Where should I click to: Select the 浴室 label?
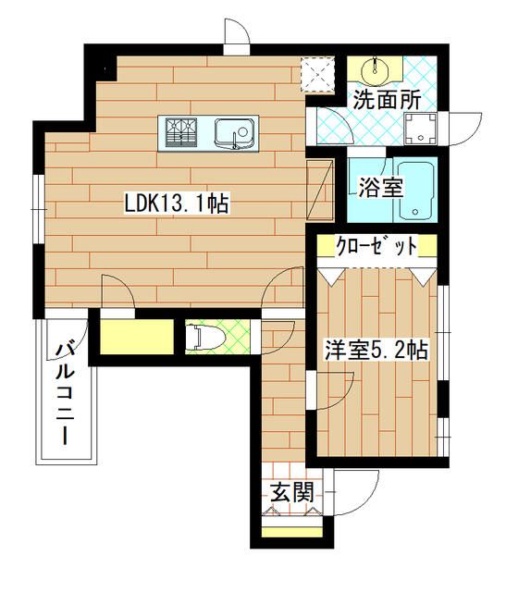tap(379, 187)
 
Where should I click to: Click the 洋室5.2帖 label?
tap(375, 350)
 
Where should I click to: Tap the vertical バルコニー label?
tap(66, 393)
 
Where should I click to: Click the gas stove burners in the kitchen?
tap(182, 133)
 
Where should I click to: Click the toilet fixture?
tap(204, 339)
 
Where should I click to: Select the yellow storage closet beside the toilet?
tap(134, 337)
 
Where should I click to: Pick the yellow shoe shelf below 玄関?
tap(290, 531)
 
